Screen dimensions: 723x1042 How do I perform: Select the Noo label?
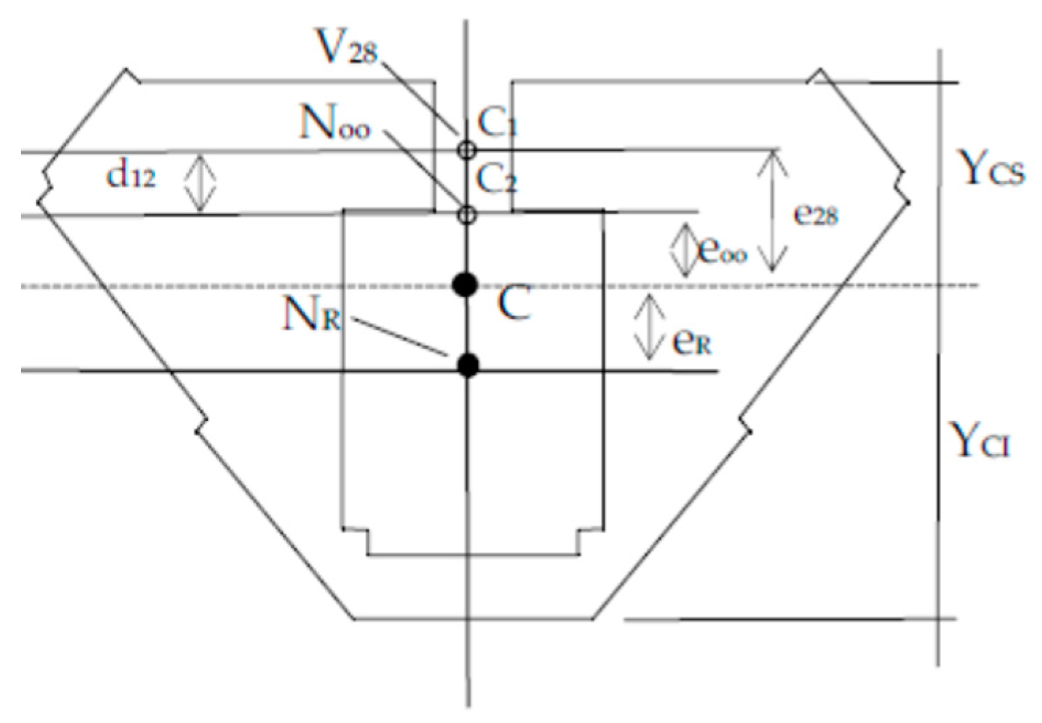click(x=335, y=124)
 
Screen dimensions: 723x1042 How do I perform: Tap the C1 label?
click(x=497, y=124)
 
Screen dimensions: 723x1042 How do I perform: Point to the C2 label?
click(x=497, y=180)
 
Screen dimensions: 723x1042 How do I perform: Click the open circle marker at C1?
click(x=466, y=149)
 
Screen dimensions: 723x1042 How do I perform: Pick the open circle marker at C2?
click(x=466, y=215)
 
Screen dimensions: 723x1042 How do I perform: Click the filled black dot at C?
click(x=466, y=285)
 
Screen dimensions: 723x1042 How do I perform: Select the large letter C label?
click(x=513, y=303)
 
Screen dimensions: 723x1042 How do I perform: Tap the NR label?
click(x=311, y=315)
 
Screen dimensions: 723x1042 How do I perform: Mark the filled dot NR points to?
click(x=468, y=366)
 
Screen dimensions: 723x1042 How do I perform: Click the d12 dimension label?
click(x=131, y=176)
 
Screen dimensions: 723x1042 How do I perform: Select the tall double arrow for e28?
click(x=773, y=211)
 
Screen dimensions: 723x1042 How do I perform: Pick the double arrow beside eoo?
click(x=683, y=250)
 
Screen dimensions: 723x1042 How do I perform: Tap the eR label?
click(x=691, y=341)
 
